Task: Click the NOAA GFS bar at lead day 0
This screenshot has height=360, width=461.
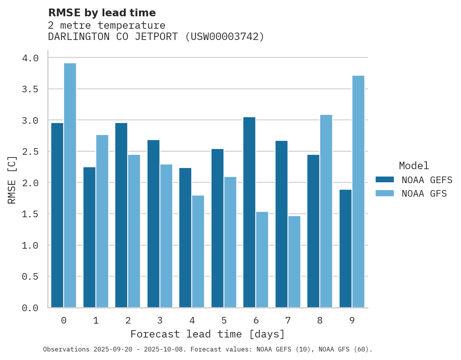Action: point(70,185)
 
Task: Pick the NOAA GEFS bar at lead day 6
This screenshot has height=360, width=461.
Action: point(249,212)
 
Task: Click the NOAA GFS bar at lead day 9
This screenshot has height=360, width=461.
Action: point(358,192)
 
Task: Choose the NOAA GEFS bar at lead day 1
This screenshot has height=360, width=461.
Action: point(89,237)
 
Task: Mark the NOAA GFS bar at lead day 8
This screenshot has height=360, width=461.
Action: point(326,211)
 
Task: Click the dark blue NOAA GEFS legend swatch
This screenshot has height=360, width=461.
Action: point(385,180)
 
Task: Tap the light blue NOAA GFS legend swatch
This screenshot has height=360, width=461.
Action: point(385,193)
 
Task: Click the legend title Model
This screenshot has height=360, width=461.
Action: point(414,166)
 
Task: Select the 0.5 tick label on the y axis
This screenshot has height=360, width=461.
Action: point(30,277)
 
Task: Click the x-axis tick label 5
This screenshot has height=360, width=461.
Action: point(224,320)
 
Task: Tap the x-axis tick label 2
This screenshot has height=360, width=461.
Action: point(128,320)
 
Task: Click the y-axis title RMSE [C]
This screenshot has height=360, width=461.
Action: point(12,180)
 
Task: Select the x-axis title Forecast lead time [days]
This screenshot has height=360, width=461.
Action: point(208,334)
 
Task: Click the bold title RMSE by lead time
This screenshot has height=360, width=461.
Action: point(102,13)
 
